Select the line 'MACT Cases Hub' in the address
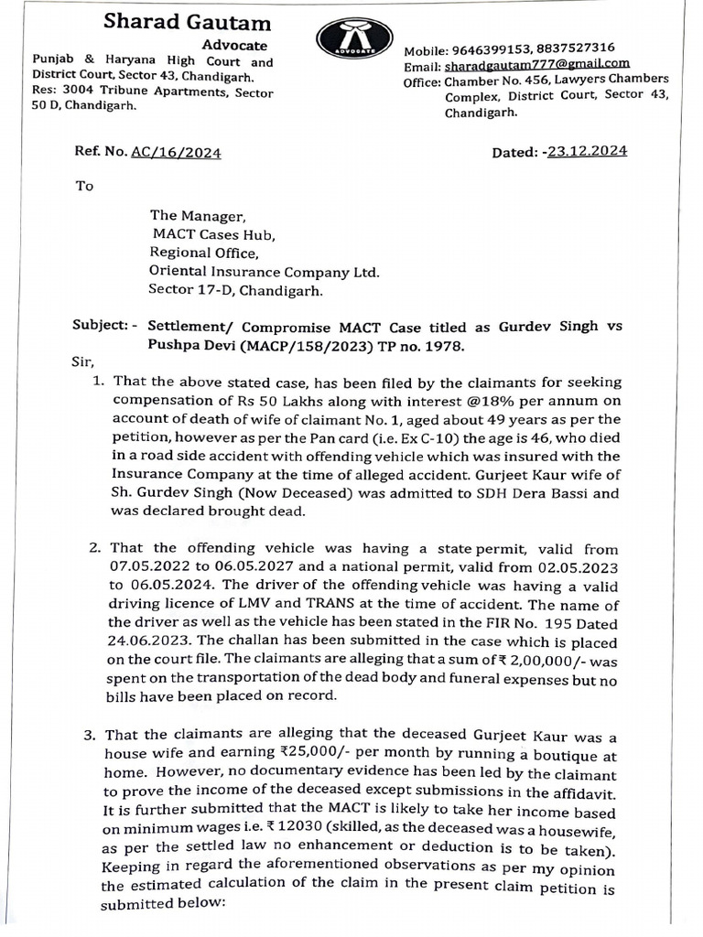click(212, 234)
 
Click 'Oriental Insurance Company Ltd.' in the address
click(264, 271)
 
